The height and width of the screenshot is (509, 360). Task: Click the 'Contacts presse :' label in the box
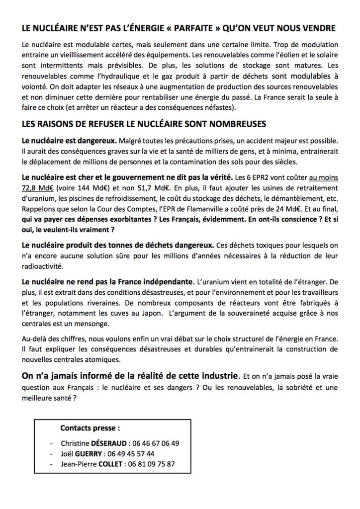click(90, 427)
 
